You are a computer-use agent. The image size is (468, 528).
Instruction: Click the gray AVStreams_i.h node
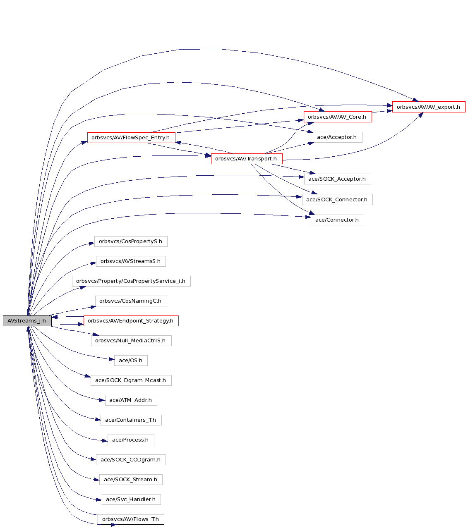(x=27, y=320)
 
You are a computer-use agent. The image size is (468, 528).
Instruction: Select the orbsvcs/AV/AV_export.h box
(x=428, y=107)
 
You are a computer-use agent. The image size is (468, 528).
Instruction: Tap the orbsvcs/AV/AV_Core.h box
(x=338, y=117)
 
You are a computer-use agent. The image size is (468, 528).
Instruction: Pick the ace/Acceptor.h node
(x=337, y=137)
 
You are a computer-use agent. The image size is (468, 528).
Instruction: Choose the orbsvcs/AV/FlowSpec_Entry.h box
(x=131, y=137)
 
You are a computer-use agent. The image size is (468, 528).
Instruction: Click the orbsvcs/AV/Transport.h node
(x=247, y=158)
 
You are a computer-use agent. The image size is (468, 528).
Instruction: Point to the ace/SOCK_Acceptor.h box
(x=337, y=179)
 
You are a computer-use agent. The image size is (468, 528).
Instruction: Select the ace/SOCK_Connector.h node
(x=337, y=199)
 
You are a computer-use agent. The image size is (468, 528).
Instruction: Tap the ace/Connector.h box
(x=337, y=220)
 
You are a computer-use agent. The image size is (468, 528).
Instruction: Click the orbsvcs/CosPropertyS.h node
(x=131, y=241)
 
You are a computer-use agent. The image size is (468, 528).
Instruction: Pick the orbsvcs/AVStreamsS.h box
(x=131, y=261)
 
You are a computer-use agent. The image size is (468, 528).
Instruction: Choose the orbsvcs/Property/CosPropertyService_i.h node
(x=131, y=281)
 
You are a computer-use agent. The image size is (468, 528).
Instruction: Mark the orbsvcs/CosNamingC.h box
(x=131, y=301)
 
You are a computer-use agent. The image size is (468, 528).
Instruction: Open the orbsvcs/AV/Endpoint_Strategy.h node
(x=131, y=320)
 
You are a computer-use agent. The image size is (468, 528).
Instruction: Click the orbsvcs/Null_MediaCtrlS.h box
(x=131, y=340)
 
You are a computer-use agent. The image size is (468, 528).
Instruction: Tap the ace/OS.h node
(x=131, y=360)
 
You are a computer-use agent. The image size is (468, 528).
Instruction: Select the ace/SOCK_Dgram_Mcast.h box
(x=131, y=380)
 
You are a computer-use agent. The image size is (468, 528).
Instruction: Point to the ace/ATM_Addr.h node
(x=131, y=400)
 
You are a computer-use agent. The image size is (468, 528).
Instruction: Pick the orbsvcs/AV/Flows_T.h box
(x=131, y=519)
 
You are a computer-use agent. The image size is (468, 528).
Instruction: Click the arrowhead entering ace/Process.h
(x=105, y=441)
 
